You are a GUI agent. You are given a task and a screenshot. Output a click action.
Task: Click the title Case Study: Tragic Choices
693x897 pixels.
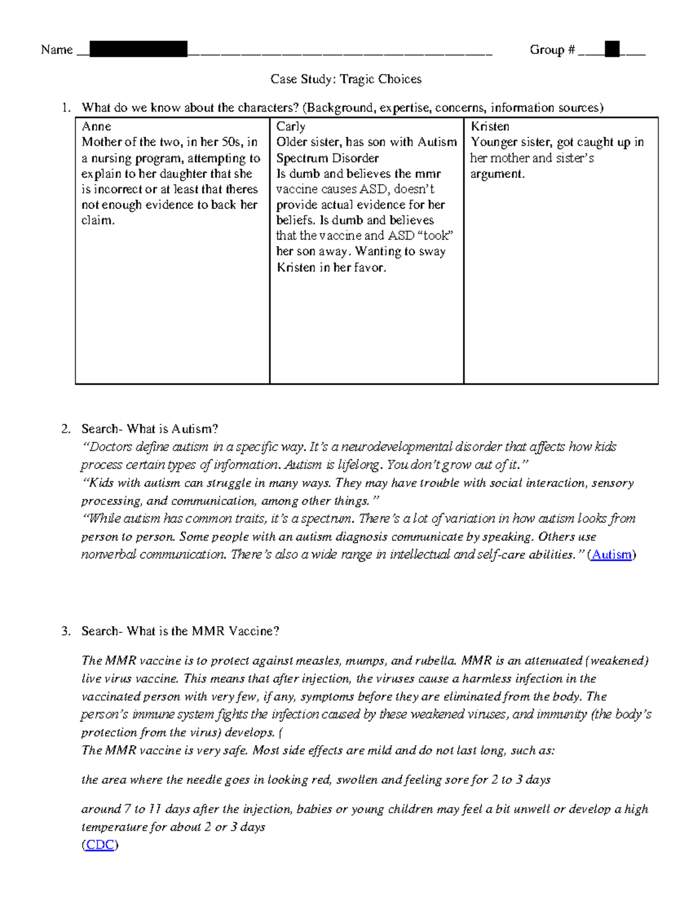[x=346, y=79]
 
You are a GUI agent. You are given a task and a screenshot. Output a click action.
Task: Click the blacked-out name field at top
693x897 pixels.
[x=139, y=49]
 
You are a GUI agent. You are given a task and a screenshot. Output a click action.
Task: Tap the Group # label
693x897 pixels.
[x=552, y=50]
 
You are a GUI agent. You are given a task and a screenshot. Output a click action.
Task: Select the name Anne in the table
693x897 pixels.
[x=96, y=126]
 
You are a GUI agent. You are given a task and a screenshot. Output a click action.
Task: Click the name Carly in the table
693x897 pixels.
[x=290, y=126]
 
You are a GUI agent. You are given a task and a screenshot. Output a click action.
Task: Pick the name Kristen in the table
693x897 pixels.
[x=490, y=126]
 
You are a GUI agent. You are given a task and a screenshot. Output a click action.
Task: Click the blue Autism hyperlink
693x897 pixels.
[x=612, y=554]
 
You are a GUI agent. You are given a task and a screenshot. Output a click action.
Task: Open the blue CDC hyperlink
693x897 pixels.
[x=99, y=844]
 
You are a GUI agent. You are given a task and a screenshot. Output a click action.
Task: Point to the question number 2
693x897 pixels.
[x=65, y=429]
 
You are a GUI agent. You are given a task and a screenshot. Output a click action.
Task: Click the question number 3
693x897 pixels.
[x=65, y=631]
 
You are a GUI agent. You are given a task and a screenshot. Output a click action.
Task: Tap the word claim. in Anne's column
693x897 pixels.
[x=98, y=220]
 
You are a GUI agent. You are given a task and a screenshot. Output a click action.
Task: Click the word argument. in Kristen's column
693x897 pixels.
[x=497, y=174]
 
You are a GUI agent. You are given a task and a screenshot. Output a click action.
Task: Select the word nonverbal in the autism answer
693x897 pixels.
[x=109, y=554]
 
